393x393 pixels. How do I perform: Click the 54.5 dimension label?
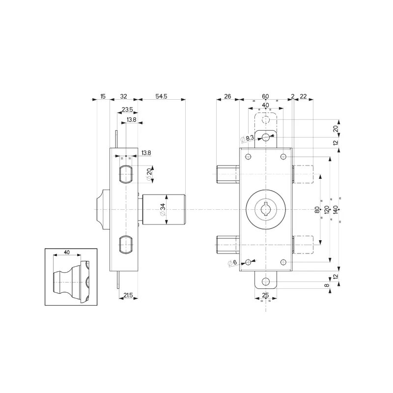tap(162, 97)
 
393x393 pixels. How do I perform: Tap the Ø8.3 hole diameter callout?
tap(247, 139)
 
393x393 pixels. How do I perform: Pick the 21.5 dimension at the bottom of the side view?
tap(128, 295)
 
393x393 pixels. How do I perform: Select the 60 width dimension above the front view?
tap(265, 97)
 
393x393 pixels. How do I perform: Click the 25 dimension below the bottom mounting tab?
tap(265, 295)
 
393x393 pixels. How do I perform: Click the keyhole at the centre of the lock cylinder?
tap(266, 209)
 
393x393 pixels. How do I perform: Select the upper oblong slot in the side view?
tap(126, 174)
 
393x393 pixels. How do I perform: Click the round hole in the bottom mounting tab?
tap(266, 281)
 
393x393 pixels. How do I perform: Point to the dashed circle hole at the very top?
tap(266, 120)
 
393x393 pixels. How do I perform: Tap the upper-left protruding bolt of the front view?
tap(227, 174)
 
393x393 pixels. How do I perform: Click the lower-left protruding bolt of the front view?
tap(227, 244)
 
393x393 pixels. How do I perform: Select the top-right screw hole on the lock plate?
tap(283, 157)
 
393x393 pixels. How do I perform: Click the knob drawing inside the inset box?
tap(72, 280)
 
